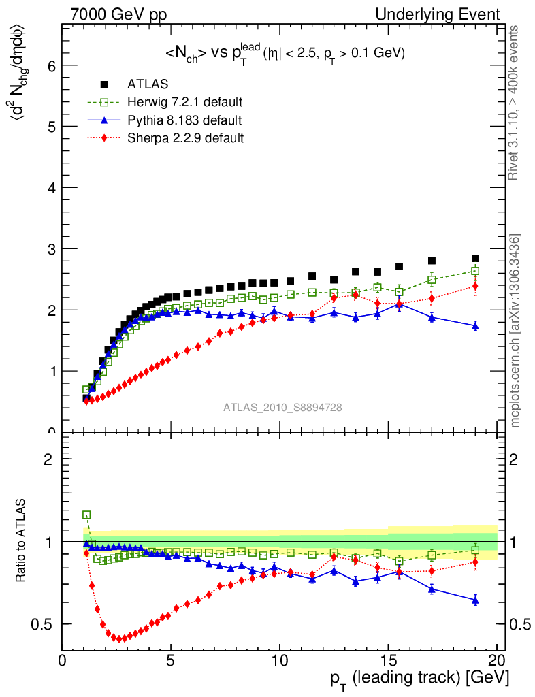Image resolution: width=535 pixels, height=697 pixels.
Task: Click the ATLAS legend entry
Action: [x=148, y=84]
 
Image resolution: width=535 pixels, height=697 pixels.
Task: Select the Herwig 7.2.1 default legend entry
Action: [x=184, y=102]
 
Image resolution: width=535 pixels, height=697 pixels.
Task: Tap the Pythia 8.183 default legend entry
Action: [x=184, y=120]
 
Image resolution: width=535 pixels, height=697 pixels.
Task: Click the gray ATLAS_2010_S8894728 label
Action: [x=282, y=408]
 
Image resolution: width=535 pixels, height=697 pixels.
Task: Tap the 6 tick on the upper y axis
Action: [x=50, y=65]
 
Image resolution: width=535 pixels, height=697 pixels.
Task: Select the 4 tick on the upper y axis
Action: [x=50, y=187]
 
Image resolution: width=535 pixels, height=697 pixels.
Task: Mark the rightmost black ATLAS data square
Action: [x=475, y=259]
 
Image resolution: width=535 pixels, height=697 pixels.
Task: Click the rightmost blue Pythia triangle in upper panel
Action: [x=475, y=326]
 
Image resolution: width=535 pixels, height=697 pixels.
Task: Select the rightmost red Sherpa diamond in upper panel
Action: [x=475, y=286]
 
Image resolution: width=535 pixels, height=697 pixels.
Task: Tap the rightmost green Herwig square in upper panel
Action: [x=475, y=271]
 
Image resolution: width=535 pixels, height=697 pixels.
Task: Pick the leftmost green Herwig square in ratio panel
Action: [x=86, y=515]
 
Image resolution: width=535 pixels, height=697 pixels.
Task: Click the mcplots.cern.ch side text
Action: [x=515, y=330]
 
